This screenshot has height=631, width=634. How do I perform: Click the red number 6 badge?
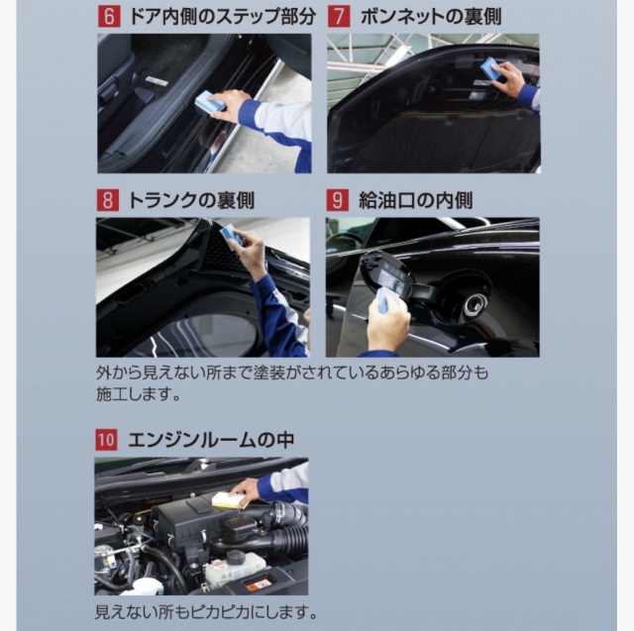(109, 17)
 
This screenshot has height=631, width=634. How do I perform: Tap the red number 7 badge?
(339, 17)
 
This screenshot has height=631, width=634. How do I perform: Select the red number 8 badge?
(108, 200)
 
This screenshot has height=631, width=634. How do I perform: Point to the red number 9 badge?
(337, 200)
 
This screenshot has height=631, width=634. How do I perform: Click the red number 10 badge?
(106, 440)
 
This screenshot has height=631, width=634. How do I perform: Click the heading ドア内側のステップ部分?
(222, 17)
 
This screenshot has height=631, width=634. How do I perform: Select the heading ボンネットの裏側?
(430, 17)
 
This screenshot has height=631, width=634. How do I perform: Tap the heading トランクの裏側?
(191, 200)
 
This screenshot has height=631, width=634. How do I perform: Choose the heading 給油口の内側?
(416, 200)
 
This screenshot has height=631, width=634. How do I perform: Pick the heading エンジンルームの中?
(211, 440)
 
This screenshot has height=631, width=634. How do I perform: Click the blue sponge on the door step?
(209, 102)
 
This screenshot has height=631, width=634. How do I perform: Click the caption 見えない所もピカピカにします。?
(206, 612)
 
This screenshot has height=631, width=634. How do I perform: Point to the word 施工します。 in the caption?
(139, 394)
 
